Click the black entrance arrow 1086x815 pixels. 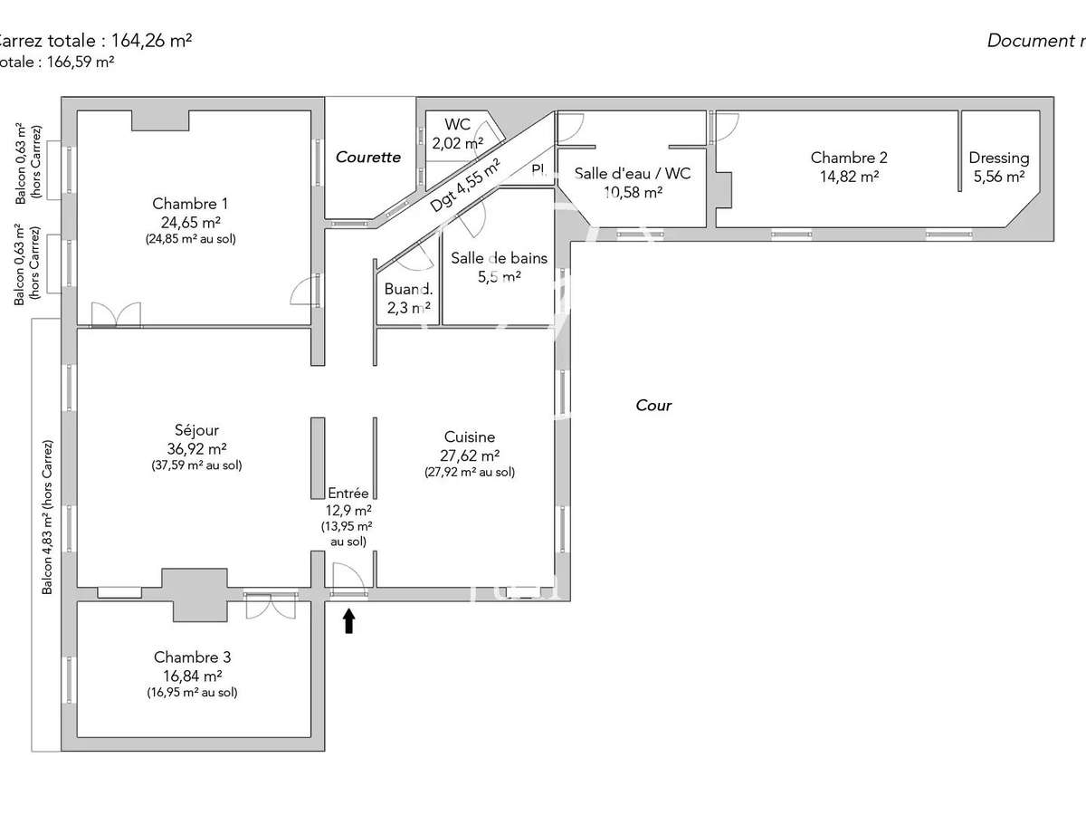tap(349, 621)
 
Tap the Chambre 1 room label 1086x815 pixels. tap(185, 204)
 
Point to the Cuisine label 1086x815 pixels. tap(470, 437)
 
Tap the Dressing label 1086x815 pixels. tap(998, 158)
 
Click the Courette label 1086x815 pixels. tap(368, 157)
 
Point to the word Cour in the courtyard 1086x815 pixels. tap(653, 406)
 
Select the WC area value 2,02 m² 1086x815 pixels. tap(457, 143)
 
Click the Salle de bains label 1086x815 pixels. tap(499, 258)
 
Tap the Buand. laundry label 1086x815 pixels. tap(407, 290)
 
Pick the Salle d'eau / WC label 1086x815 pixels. tap(633, 173)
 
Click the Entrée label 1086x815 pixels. tap(348, 494)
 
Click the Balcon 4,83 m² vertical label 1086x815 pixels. tap(47, 517)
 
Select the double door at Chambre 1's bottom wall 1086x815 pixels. tap(116, 315)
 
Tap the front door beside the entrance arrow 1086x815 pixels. tap(348, 580)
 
